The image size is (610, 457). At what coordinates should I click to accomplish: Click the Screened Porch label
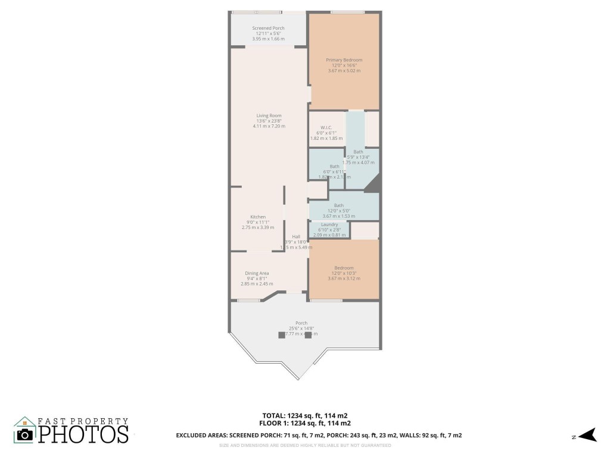[268, 28]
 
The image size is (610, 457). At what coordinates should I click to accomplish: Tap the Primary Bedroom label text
[344, 60]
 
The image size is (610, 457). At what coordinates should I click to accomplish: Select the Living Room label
[269, 115]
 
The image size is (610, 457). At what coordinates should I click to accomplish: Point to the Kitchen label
[258, 217]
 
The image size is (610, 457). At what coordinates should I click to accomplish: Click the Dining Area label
[257, 273]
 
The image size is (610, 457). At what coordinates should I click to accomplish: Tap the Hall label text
[296, 236]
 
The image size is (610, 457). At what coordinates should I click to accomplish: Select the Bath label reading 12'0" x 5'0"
[338, 216]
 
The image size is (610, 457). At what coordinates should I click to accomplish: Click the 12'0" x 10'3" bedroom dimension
[344, 273]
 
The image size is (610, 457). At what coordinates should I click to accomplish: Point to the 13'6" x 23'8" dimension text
[269, 121]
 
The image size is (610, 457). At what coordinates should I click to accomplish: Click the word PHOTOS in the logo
[83, 434]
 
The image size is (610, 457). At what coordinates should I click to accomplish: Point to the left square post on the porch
[282, 335]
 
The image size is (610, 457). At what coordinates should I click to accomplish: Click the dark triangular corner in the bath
[374, 185]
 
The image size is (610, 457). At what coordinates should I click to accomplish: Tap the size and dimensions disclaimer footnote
[305, 446]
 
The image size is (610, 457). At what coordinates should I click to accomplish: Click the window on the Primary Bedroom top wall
[347, 12]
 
